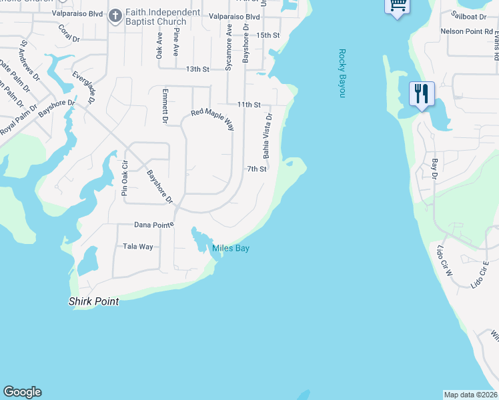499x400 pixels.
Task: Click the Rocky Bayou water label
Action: [x=342, y=73]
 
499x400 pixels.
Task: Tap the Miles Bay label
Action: [x=231, y=249]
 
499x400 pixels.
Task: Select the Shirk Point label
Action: [x=94, y=301]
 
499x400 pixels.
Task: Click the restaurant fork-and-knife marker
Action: [x=421, y=93]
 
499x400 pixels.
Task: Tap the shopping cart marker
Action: [x=398, y=5]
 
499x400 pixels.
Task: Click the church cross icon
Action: [x=115, y=15]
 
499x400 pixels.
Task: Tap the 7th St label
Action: [x=257, y=169]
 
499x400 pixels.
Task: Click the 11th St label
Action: [x=248, y=105]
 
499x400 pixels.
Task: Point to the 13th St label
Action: [x=197, y=69]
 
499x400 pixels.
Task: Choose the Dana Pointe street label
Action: [x=154, y=225]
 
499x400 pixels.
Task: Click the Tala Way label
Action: [x=138, y=247]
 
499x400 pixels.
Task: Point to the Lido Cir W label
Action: [x=444, y=261]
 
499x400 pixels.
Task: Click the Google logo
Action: [x=22, y=392]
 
